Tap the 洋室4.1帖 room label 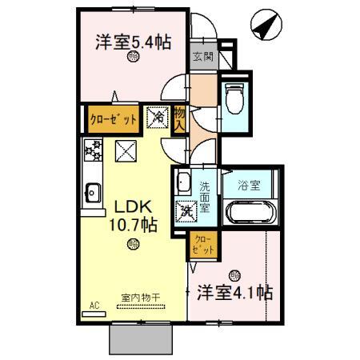point(233,292)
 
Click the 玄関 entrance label point(203,57)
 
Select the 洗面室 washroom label point(205,196)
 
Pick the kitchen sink point(92,192)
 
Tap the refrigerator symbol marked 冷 point(158,118)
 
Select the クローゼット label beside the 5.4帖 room point(112,118)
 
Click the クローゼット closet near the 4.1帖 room point(203,245)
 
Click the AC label point(94,306)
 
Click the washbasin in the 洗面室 point(183,181)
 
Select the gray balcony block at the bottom point(142,340)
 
